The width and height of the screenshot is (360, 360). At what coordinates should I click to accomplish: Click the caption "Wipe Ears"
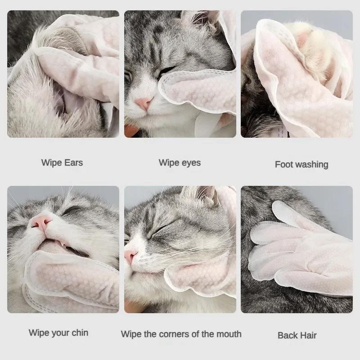62,162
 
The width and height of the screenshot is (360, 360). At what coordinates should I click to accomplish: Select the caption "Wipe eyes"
180,162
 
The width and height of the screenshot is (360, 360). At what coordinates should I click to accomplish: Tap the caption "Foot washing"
301,164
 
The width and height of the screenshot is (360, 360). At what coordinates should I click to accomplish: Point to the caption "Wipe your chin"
58,333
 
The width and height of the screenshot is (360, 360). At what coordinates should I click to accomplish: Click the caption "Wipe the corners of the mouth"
181,334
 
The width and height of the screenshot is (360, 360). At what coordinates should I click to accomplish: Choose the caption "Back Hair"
297,335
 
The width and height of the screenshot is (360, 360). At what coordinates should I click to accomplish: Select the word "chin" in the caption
79,333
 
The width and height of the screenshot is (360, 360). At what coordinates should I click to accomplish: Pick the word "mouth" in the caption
229,334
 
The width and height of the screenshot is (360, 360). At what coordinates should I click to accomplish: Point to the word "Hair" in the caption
308,335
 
